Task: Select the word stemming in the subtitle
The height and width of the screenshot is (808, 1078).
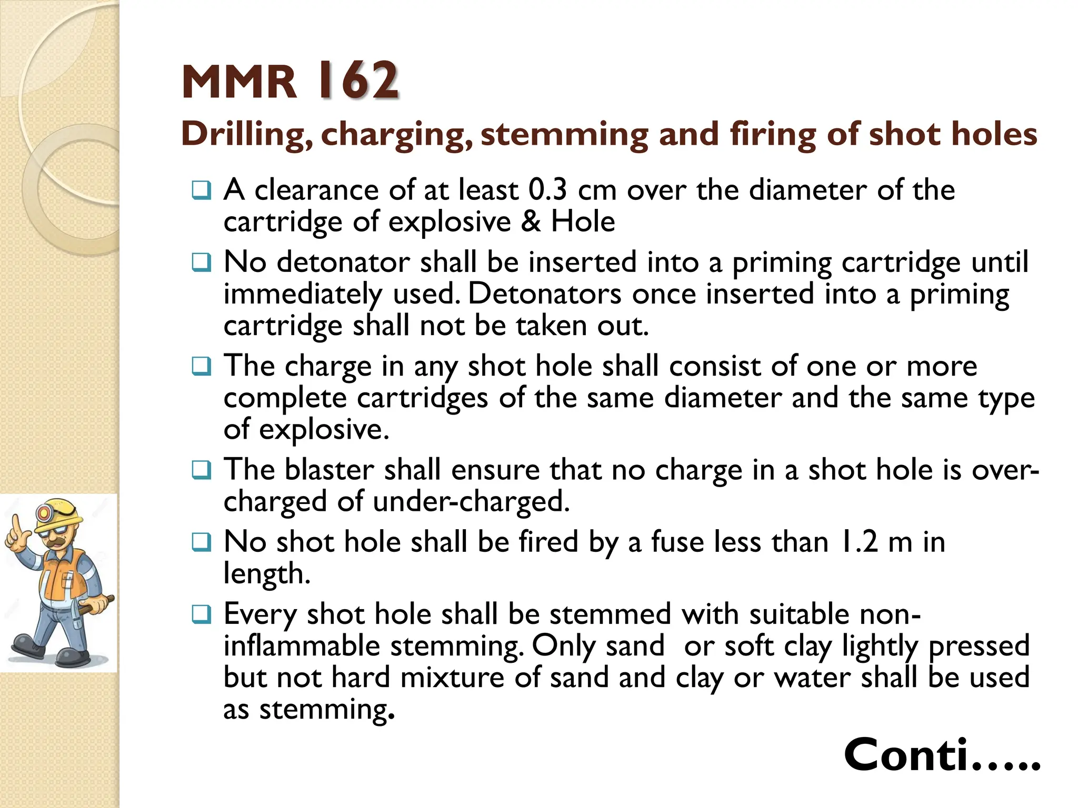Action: tap(564, 135)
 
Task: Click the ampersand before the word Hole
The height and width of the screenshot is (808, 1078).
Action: tap(531, 221)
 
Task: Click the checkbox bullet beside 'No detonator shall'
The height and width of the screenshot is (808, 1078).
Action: tap(202, 262)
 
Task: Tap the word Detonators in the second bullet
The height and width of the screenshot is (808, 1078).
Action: tap(545, 294)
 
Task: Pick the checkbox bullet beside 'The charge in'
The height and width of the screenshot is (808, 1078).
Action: tap(202, 366)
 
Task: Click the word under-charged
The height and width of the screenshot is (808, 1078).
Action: tap(471, 501)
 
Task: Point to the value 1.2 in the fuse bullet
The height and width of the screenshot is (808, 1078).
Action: tap(859, 542)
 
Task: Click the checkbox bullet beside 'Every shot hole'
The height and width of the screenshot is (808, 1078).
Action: tap(202, 614)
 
